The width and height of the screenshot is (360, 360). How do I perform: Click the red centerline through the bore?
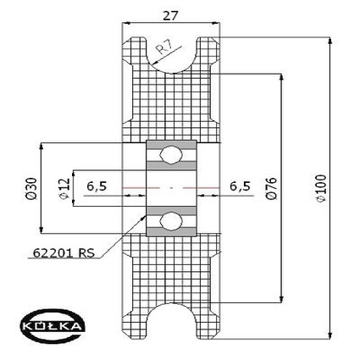click(x=171, y=186)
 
